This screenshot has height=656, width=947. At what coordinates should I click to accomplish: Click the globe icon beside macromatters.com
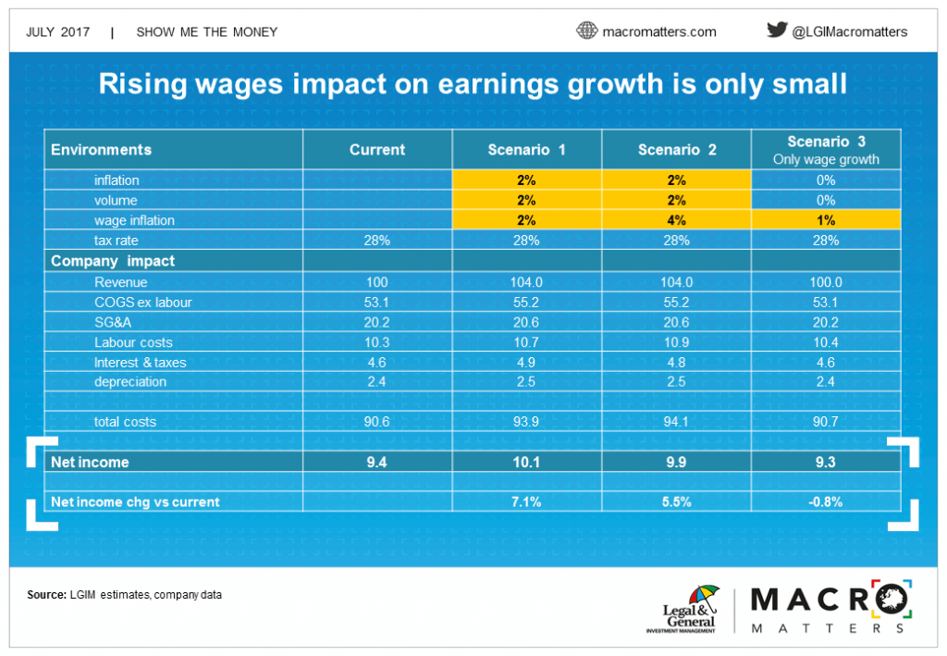587,31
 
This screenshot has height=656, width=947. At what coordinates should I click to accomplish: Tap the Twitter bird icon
777,30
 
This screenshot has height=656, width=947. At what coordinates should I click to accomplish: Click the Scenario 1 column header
527,149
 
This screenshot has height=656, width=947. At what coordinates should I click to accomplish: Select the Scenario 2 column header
676,149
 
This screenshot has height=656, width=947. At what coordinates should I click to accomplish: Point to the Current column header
377,149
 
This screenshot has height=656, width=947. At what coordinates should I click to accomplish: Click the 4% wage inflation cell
676,220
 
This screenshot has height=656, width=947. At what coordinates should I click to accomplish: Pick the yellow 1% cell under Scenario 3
826,220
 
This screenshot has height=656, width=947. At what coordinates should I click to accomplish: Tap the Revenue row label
121,281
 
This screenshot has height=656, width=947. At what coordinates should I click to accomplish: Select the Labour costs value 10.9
676,341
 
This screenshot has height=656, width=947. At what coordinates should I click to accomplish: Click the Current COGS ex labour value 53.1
377,302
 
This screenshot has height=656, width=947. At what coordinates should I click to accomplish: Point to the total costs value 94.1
676,422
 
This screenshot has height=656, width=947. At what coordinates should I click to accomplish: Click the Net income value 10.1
527,462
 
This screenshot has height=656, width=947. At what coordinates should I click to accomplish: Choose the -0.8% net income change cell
826,501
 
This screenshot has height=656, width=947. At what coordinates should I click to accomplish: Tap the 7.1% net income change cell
527,501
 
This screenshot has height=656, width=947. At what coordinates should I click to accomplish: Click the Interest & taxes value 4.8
676,362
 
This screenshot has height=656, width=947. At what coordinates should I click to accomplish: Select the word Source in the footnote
47,594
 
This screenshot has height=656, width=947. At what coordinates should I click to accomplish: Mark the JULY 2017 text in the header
58,31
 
